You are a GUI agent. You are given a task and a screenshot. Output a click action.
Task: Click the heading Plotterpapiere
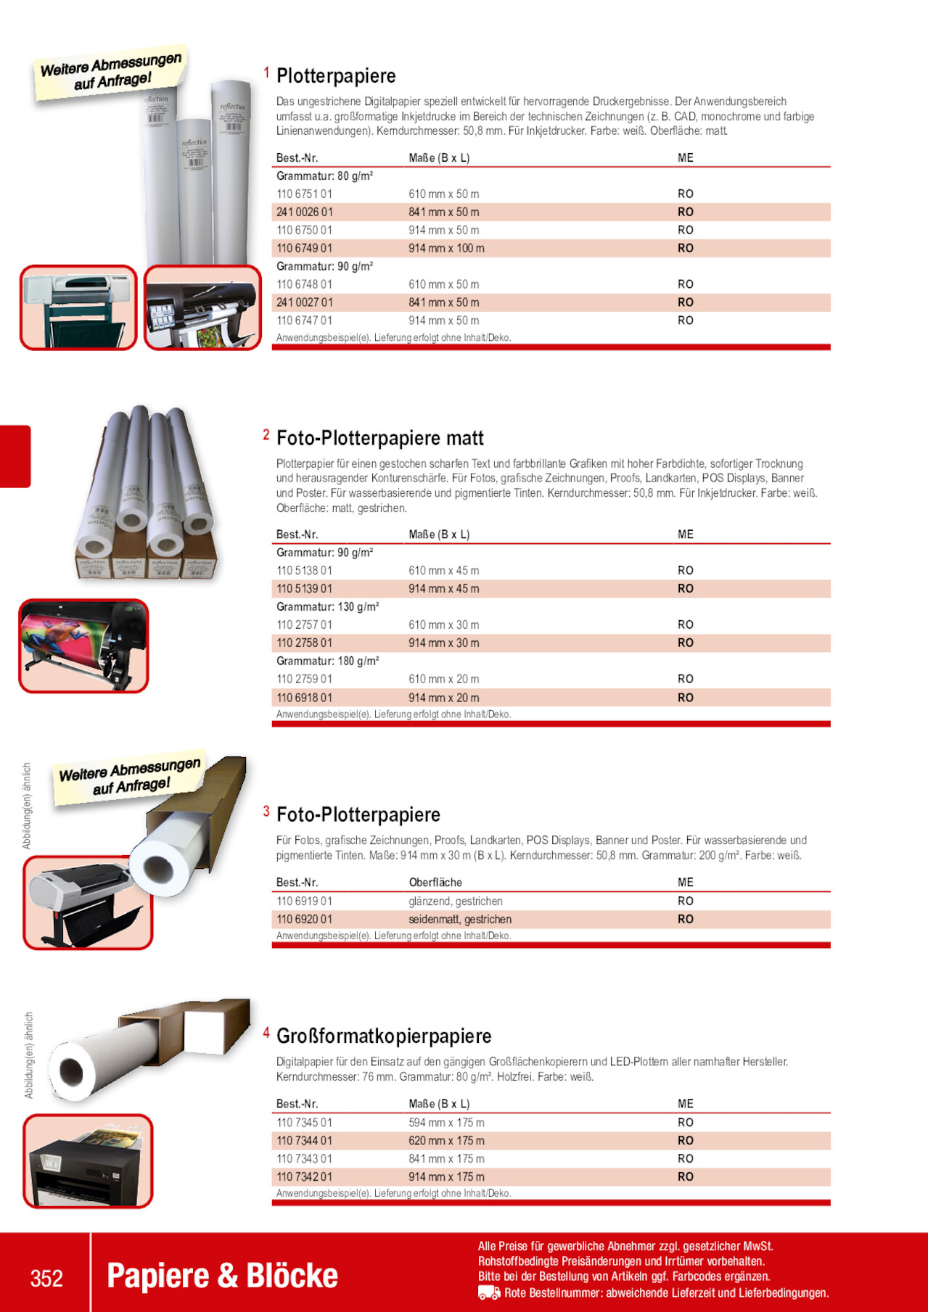point(336,76)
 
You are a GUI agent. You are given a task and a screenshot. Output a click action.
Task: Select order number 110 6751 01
point(304,194)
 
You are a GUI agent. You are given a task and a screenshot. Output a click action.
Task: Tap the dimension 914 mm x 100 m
point(446,248)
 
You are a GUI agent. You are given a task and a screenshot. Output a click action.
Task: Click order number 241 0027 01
point(304,302)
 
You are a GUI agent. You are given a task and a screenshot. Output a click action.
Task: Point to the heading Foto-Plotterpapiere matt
point(379,438)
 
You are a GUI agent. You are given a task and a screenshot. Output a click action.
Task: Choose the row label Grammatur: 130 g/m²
point(327,607)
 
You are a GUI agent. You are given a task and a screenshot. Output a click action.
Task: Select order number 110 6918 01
point(304,698)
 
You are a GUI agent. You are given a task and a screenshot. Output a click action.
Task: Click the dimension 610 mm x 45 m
point(443,571)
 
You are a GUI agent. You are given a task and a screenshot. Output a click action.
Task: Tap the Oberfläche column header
point(435,883)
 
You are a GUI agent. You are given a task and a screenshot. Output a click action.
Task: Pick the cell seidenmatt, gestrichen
point(460,920)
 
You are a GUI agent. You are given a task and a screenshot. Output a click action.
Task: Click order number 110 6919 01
point(304,902)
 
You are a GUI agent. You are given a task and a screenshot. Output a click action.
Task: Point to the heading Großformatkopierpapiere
point(384,1036)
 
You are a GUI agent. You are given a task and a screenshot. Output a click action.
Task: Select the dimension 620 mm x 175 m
point(446,1141)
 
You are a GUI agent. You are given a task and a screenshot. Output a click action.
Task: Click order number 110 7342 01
point(304,1177)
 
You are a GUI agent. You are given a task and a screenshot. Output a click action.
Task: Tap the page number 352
point(46,1278)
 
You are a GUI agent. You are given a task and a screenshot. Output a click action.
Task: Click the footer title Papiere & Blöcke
point(222,1276)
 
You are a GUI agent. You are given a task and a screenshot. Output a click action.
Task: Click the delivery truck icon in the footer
point(489,1292)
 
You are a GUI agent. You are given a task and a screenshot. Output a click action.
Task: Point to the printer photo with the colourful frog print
point(83,645)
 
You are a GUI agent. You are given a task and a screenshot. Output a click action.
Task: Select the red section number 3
point(266,812)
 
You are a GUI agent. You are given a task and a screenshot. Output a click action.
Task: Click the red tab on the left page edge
point(15,456)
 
